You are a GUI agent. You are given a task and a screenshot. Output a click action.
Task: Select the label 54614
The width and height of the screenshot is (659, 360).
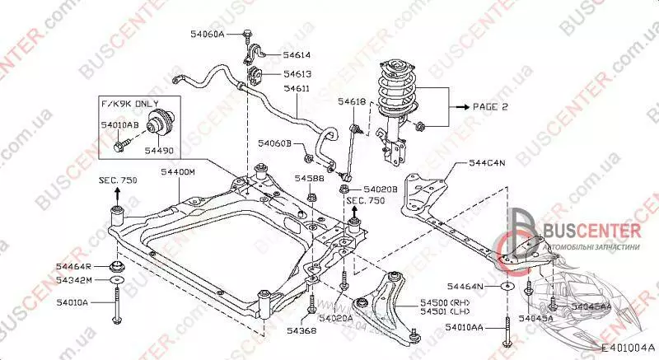pos(297,55)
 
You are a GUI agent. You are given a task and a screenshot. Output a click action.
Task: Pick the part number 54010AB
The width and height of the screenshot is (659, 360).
pos(119,124)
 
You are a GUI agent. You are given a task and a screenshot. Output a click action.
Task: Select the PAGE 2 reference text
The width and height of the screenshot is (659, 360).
pos(492,107)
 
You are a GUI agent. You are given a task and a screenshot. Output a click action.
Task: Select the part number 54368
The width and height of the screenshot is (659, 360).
pos(298,331)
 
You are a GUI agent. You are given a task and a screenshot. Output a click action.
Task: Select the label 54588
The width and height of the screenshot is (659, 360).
pos(310,178)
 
